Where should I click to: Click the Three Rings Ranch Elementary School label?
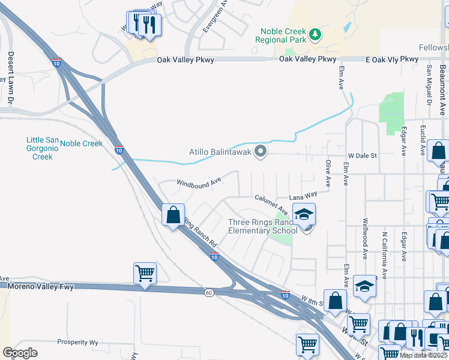tap(262, 226)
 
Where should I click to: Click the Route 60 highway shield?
tap(208, 292)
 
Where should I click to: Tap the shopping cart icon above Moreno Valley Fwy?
tap(145, 274)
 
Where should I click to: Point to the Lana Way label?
tap(303, 195)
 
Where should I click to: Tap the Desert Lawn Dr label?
tap(11, 67)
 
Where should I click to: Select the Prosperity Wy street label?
tap(77, 342)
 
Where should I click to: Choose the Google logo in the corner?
tap(20, 353)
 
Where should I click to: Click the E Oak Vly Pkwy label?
tap(391, 59)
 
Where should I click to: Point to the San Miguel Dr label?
tap(429, 85)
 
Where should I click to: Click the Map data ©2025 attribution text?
tap(422, 355)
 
